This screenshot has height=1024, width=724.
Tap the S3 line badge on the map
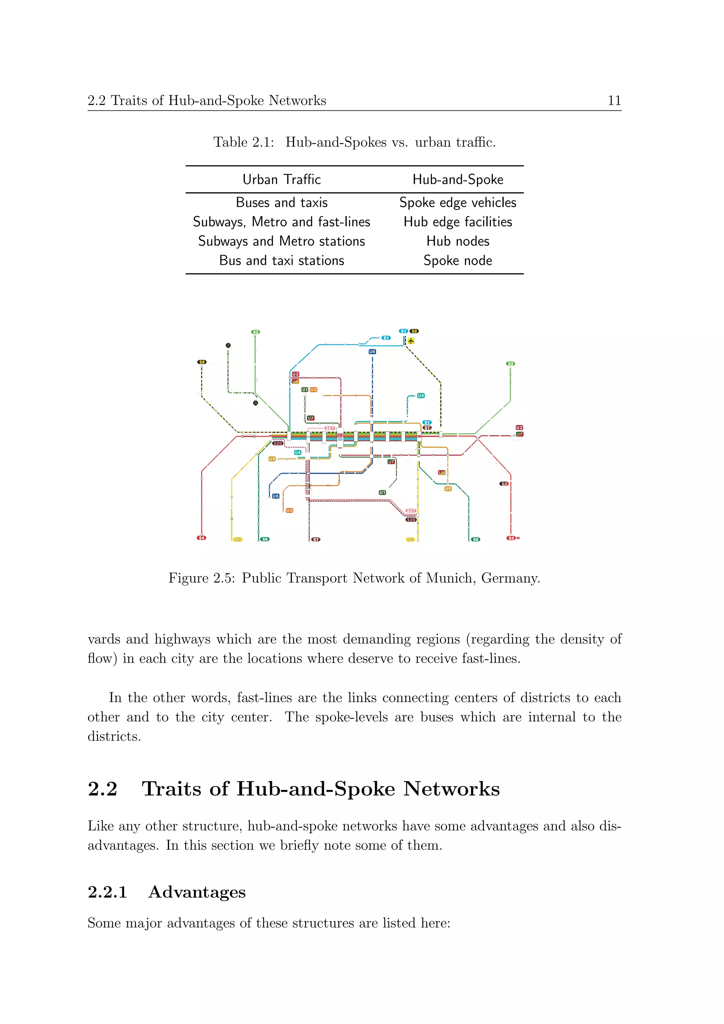pos(504,483)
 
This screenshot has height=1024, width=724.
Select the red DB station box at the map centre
pos(340,435)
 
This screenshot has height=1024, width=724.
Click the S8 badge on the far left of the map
pos(202,362)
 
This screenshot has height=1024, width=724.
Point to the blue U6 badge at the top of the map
pos(372,351)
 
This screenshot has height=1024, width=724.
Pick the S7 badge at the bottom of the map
pos(316,539)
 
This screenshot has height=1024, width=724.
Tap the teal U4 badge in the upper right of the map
pos(421,396)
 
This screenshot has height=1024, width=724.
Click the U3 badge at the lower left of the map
pos(289,510)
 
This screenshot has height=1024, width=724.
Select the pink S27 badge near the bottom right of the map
pos(410,511)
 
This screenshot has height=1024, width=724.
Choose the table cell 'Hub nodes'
pos(457,241)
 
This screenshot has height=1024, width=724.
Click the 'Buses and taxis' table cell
pos(281,203)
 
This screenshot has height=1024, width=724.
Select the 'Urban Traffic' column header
pos(281,179)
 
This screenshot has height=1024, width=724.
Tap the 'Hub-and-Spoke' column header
pos(457,179)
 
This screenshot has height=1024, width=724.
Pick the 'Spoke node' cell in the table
pos(457,261)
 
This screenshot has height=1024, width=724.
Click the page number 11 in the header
pos(614,100)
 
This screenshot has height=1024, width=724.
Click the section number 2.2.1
pos(107,892)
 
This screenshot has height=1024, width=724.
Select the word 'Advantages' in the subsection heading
pos(197,892)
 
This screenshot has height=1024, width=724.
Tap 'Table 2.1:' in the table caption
pos(244,142)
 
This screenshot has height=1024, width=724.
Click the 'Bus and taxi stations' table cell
pos(281,261)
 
